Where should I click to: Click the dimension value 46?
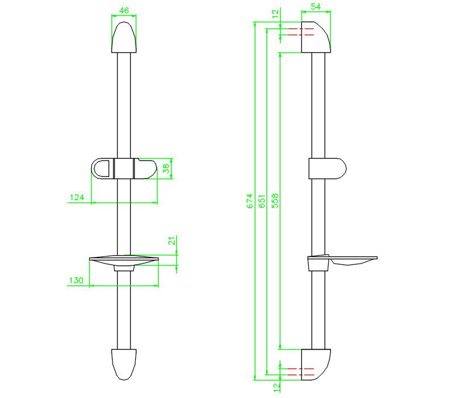pyautogui.click(x=124, y=10)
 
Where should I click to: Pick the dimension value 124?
pyautogui.click(x=77, y=198)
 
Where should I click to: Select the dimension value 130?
pyautogui.click(x=77, y=280)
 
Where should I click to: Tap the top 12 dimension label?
pyautogui.click(x=276, y=13)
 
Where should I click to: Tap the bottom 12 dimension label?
pyautogui.click(x=276, y=388)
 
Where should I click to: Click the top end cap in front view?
pyautogui.click(x=124, y=38)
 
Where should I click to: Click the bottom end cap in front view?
pyautogui.click(x=124, y=363)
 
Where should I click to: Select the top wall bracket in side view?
pyautogui.click(x=315, y=38)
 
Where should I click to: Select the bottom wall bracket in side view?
pyautogui.click(x=315, y=364)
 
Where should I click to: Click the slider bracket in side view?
pyautogui.click(x=327, y=169)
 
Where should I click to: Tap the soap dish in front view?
pyautogui.click(x=124, y=262)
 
